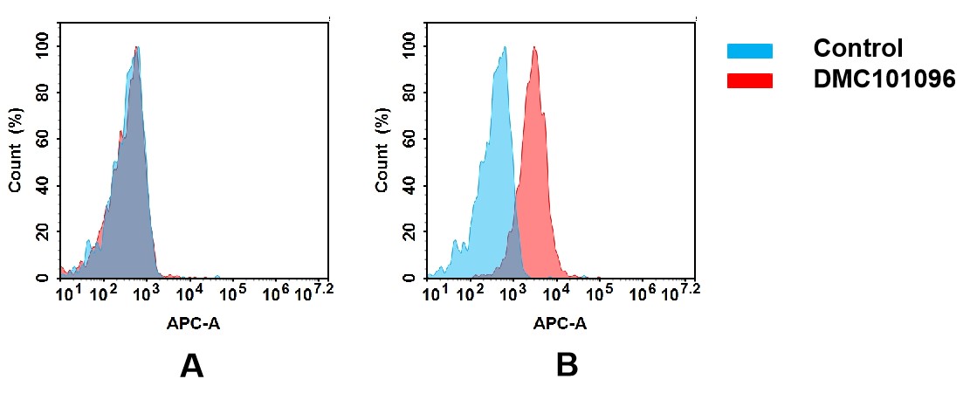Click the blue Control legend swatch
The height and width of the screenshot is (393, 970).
pyautogui.click(x=749, y=52)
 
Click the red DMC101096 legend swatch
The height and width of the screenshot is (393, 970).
pyautogui.click(x=749, y=80)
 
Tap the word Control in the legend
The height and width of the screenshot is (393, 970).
pyautogui.click(x=857, y=49)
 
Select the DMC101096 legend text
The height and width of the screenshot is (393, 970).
pyautogui.click(x=884, y=79)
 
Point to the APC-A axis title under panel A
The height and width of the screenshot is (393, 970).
pyautogui.click(x=193, y=323)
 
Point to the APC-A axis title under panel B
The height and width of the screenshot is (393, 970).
pyautogui.click(x=560, y=323)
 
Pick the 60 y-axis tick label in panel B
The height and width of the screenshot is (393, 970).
pyautogui.click(x=409, y=139)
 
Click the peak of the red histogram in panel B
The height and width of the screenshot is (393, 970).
pyautogui.click(x=534, y=48)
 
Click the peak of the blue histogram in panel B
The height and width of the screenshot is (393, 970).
pyautogui.click(x=504, y=48)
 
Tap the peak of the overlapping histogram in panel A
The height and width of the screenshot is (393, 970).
pyautogui.click(x=137, y=48)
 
